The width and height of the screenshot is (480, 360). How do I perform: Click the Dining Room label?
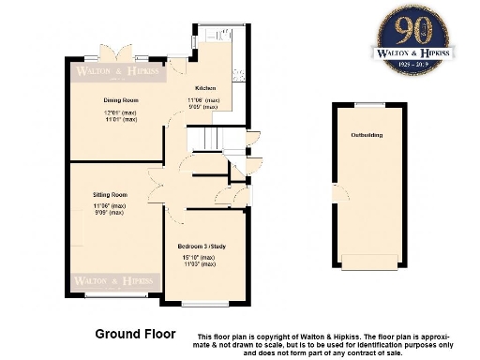click(x=120, y=99)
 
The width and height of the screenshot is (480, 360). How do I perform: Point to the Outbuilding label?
click(x=367, y=135)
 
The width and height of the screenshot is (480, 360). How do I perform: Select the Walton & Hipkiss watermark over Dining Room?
click(x=117, y=71)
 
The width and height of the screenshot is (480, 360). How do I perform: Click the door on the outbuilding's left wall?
click(x=335, y=193)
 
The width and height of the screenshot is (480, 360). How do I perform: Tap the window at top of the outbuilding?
click(x=367, y=103)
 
